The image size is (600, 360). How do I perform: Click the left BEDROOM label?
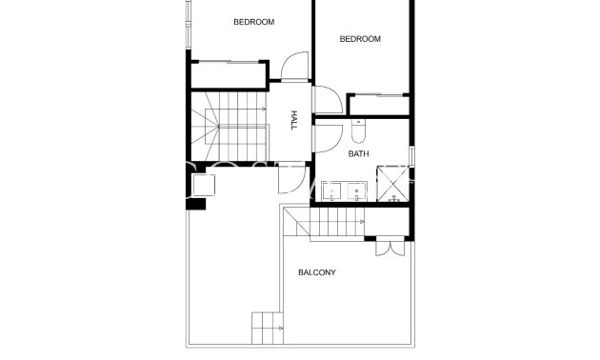[x=253, y=22]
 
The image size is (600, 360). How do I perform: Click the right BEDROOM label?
[x=360, y=39]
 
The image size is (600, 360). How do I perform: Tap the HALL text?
[x=294, y=119]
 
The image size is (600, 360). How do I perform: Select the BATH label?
[x=358, y=153]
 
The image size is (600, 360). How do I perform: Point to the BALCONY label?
[x=317, y=272]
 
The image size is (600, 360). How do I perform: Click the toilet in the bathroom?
[x=357, y=130]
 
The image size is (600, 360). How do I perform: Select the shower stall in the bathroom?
[x=391, y=184]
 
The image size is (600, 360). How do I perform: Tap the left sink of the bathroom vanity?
[x=330, y=191]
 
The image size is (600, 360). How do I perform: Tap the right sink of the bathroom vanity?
[x=356, y=191]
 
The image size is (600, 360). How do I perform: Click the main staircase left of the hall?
[x=229, y=125]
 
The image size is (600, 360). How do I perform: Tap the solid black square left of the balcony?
[x=196, y=202]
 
